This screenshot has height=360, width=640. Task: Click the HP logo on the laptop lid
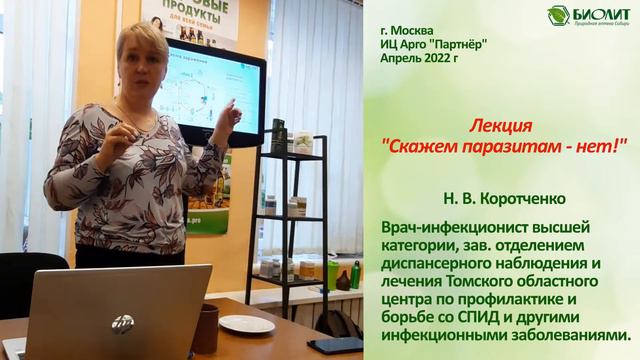coord(122,323)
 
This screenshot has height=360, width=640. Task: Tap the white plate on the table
coord(246,324)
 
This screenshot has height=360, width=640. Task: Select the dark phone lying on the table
coord(335,344)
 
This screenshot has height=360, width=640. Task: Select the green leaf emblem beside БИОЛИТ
coord(559,15)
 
